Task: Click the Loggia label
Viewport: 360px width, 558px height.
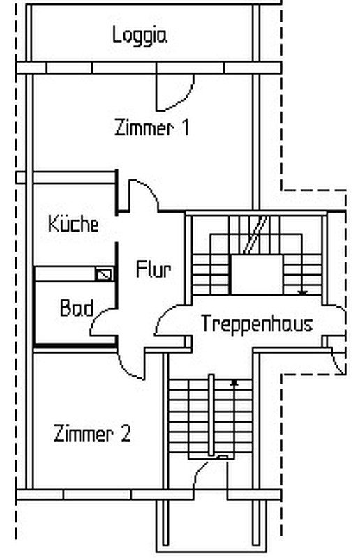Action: [140, 36]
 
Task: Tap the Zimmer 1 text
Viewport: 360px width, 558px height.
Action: [151, 128]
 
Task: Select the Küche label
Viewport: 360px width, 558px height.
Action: [73, 224]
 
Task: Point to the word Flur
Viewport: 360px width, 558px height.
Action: [153, 269]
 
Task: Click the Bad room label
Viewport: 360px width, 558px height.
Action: [77, 308]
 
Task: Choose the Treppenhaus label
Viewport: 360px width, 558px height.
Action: [257, 324]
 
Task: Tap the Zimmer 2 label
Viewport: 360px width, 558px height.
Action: [92, 433]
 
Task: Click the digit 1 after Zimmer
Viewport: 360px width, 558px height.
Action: [185, 128]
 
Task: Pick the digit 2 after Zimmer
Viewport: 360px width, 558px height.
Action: [126, 433]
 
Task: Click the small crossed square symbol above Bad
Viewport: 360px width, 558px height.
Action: [105, 274]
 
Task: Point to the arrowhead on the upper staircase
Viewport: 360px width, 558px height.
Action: [302, 292]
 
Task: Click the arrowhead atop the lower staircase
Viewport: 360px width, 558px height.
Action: [234, 383]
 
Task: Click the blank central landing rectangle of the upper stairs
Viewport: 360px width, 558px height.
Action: [256, 274]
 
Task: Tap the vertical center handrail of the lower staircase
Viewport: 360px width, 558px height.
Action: [211, 414]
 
